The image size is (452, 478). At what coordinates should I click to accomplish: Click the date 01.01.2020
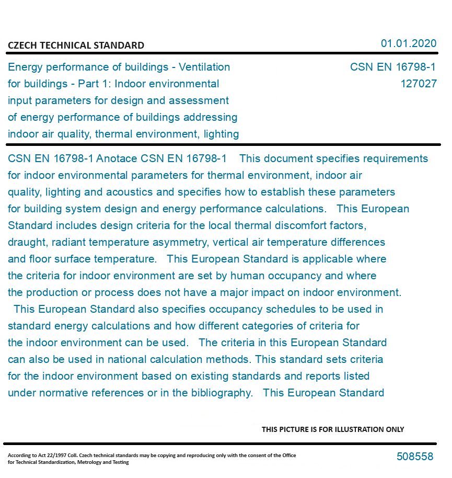click(408, 43)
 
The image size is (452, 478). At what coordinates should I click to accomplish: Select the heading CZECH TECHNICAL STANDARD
click(76, 45)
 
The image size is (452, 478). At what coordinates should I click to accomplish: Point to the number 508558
click(415, 457)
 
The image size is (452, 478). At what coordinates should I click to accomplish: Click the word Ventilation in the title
click(204, 67)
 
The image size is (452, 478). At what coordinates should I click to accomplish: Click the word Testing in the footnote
click(120, 462)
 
